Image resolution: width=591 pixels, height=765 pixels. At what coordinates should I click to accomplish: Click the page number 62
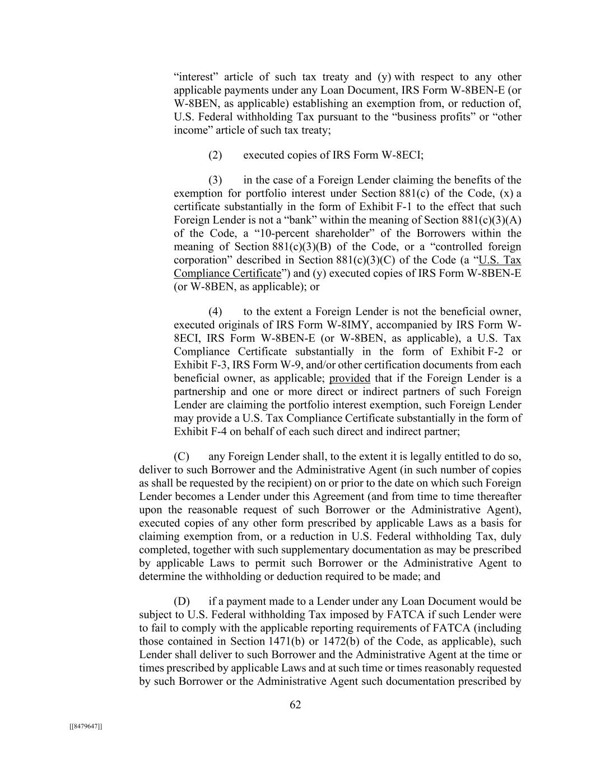[295, 705]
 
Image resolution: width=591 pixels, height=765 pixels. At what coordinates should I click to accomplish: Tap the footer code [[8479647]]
[85, 726]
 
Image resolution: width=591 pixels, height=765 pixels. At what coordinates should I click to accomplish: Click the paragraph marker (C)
[182, 457]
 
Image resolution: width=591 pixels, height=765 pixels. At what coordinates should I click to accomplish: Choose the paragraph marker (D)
[182, 602]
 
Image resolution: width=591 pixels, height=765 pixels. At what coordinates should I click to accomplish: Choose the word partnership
[200, 392]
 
